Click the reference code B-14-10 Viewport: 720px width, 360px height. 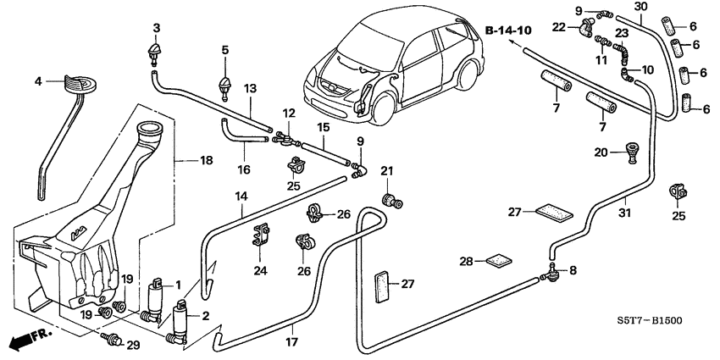[508, 30]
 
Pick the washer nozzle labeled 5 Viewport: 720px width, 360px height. [225, 85]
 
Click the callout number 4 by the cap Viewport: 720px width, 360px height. [37, 81]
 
